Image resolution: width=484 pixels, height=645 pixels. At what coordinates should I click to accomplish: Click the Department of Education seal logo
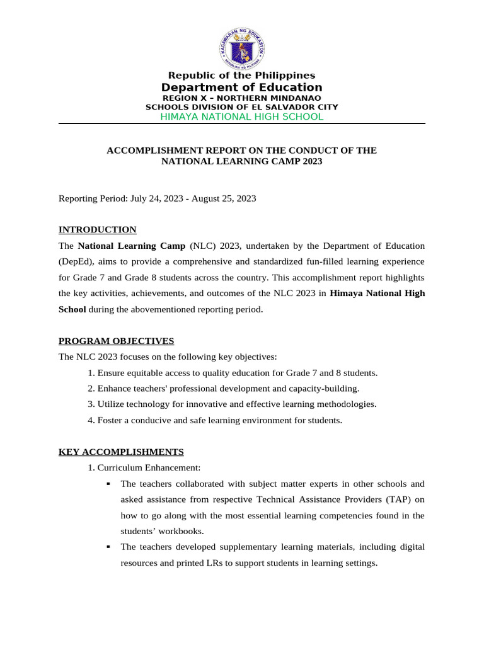pos(242,49)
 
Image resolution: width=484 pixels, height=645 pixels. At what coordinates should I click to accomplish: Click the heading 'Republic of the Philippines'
pos(241,76)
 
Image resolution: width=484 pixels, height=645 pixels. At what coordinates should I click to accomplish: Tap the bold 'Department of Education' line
pos(241,88)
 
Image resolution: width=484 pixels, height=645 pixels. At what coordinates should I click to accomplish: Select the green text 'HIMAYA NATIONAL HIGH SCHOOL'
pos(241,117)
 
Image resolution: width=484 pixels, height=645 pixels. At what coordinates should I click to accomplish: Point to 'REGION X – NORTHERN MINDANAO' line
pos(241,98)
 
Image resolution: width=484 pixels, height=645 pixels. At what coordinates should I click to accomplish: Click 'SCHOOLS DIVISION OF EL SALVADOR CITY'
pos(241,107)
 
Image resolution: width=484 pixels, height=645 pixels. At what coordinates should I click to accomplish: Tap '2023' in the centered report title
pos(310,161)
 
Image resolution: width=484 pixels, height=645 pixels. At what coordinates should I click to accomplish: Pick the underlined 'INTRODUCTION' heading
pos(97,229)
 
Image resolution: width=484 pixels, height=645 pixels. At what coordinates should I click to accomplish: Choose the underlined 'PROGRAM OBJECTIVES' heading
pos(116,341)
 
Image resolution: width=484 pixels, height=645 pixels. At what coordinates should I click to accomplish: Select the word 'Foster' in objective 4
pos(110,420)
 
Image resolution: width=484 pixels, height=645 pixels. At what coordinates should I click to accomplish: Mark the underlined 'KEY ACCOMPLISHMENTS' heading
pos(121,452)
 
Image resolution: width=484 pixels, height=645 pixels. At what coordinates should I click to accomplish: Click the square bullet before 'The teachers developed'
pos(108,547)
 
